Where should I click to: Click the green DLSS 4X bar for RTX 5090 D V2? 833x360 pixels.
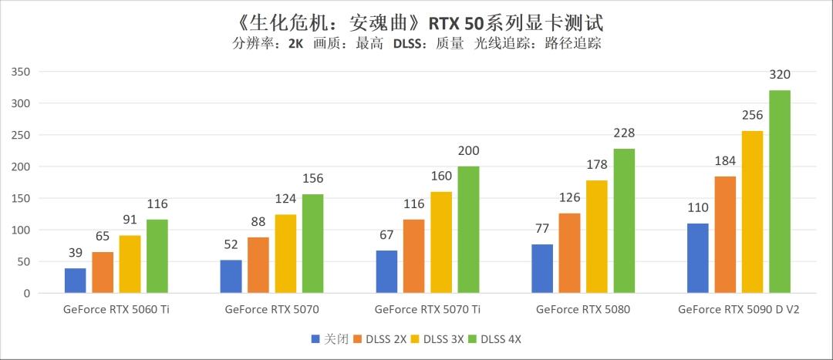(780, 192)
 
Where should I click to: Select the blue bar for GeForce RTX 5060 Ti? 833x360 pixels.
(76, 281)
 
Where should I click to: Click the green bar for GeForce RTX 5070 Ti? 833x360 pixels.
(468, 230)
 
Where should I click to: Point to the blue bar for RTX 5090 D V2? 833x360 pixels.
(697, 258)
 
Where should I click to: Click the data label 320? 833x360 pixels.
(780, 75)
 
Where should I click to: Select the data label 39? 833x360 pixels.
(76, 254)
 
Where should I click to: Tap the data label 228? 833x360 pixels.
(624, 133)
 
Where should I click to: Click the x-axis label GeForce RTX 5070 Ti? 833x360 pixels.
(427, 310)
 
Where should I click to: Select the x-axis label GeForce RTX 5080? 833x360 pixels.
(583, 310)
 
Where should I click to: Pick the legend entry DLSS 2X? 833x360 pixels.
(383, 339)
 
